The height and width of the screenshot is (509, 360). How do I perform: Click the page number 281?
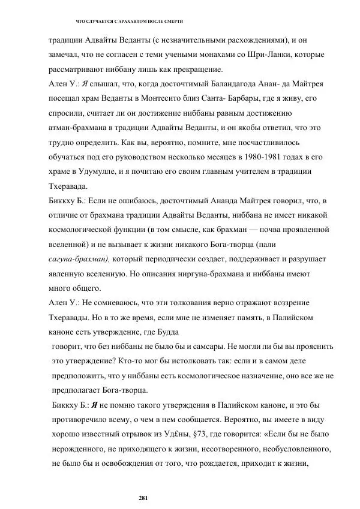143,498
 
